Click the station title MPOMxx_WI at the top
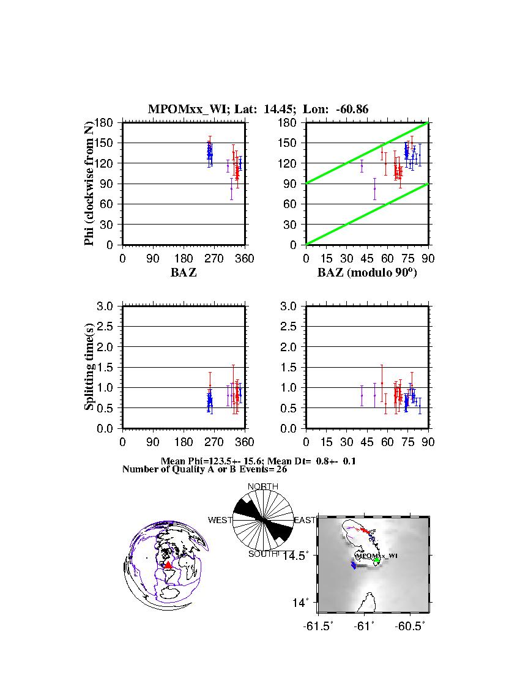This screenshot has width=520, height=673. tap(184, 110)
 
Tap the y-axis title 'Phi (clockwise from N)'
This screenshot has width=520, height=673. tap(89, 184)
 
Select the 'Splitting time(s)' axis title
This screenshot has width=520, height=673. tap(89, 367)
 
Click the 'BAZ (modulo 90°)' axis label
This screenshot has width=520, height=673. tap(367, 273)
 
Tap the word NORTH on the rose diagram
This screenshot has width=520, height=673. tap(262, 487)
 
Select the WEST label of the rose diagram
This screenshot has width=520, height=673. tap(220, 520)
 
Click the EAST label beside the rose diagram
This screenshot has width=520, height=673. tap(305, 520)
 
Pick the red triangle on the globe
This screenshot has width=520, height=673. tap(168, 565)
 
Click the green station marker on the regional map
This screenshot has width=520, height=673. tap(377, 560)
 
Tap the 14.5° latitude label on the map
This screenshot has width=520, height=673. tap(303, 555)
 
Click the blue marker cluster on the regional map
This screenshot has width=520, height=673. tap(354, 565)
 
